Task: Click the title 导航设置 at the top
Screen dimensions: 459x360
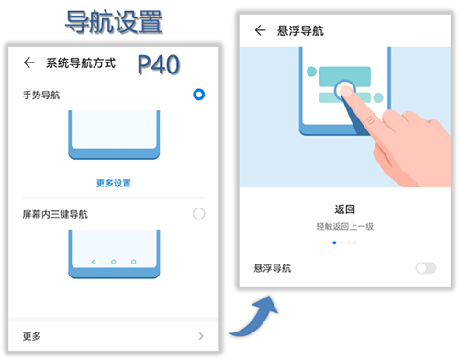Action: click(x=114, y=21)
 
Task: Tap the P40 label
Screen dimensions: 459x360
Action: click(x=159, y=64)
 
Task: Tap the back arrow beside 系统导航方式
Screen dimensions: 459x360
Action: click(x=29, y=62)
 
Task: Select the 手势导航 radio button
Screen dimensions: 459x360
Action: click(x=198, y=95)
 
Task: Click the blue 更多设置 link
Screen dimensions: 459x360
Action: click(x=114, y=183)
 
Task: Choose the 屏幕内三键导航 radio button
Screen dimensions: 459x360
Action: click(x=198, y=214)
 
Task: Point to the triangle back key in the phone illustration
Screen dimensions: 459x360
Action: click(x=94, y=262)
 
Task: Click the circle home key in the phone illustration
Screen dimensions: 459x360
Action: click(x=114, y=262)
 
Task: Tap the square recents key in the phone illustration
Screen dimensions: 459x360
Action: click(x=133, y=262)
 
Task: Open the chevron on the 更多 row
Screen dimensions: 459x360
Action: click(x=201, y=336)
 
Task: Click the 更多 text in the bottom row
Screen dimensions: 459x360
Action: click(x=31, y=336)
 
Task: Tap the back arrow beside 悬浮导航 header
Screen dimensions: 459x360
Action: click(x=260, y=30)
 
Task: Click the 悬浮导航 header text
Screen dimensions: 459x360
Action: click(x=300, y=30)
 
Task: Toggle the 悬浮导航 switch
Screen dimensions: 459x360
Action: click(x=426, y=268)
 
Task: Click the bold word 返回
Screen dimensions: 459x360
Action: click(x=344, y=209)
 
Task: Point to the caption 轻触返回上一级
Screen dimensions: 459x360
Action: click(x=345, y=226)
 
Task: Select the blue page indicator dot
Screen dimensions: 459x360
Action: click(x=334, y=242)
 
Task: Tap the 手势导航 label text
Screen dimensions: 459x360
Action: click(x=41, y=96)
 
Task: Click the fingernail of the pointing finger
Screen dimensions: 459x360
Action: click(x=346, y=91)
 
